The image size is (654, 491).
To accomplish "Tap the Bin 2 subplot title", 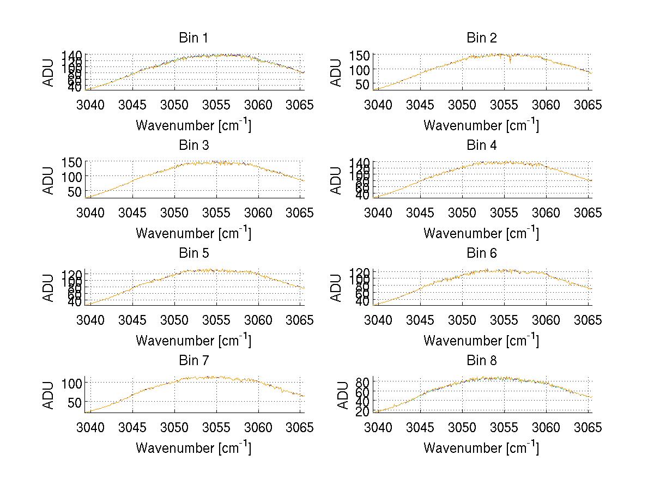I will (x=482, y=38).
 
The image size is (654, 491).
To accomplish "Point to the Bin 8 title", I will (x=482, y=361).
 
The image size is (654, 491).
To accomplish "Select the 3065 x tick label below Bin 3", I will (x=300, y=213).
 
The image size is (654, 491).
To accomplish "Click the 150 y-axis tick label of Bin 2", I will (x=364, y=56).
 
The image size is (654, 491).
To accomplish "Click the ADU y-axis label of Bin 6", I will (x=337, y=288).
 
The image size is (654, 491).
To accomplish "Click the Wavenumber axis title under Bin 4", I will (x=481, y=233).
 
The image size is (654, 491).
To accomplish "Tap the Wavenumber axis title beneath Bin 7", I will (x=193, y=448).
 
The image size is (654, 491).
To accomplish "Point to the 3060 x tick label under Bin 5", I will (x=258, y=320).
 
